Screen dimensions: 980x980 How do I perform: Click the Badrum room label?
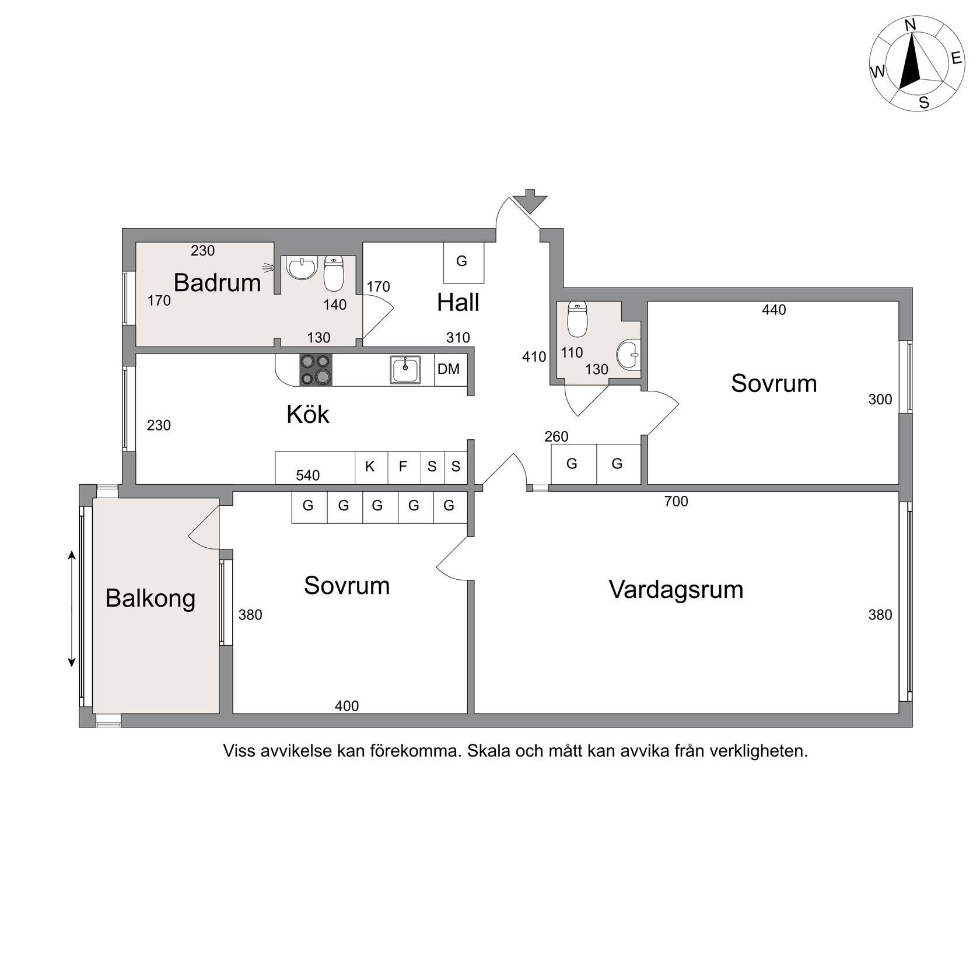click(x=217, y=283)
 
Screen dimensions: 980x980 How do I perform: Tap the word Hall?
click(x=458, y=303)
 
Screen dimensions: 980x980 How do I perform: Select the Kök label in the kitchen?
click(x=308, y=414)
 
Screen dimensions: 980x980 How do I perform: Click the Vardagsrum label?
click(x=676, y=590)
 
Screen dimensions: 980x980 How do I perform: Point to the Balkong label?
click(x=150, y=599)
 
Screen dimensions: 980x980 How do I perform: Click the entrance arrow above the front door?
click(x=530, y=201)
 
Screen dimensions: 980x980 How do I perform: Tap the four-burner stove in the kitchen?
click(x=316, y=370)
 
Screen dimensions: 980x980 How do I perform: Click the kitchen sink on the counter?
click(x=405, y=370)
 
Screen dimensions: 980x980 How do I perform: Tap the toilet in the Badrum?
click(x=334, y=274)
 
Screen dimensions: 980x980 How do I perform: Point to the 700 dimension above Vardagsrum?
click(x=676, y=501)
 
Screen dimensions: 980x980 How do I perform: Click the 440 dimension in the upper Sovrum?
click(x=774, y=310)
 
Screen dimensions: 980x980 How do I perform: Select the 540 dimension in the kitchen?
click(x=307, y=475)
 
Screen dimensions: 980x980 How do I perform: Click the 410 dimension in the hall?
click(x=534, y=356)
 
